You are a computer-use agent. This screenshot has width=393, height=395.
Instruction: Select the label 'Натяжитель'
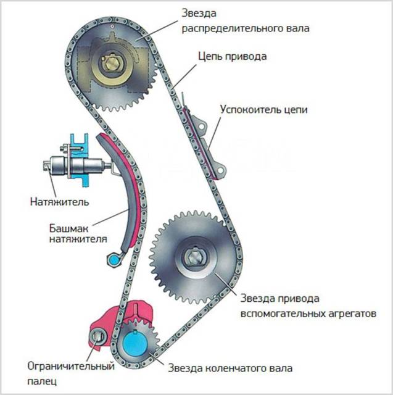59,201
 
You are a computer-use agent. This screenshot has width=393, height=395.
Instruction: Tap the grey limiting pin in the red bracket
98,337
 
